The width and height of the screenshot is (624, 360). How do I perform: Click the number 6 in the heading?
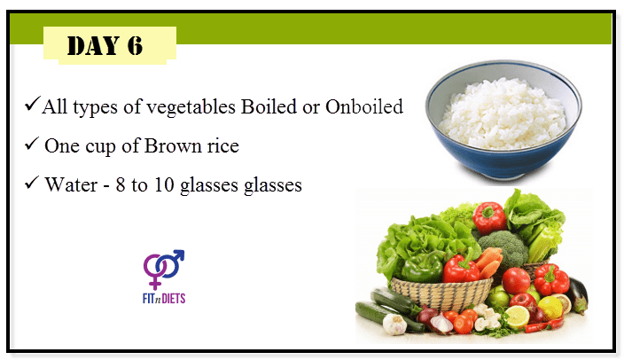pyautogui.click(x=135, y=45)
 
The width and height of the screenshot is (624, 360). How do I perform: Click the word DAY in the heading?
pyautogui.click(x=94, y=45)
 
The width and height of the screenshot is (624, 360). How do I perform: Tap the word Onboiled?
pyautogui.click(x=364, y=106)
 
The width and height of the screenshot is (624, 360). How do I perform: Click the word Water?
pyautogui.click(x=71, y=184)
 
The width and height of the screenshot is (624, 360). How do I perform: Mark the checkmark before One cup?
pyautogui.click(x=31, y=143)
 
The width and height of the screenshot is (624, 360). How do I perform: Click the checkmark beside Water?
pyautogui.click(x=31, y=182)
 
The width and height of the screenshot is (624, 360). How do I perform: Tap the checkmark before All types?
pyautogui.click(x=32, y=103)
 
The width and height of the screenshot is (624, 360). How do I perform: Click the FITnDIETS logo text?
pyautogui.click(x=164, y=298)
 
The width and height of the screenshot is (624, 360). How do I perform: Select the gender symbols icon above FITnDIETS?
pyautogui.click(x=164, y=269)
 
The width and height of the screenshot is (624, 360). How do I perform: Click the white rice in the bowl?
pyautogui.click(x=503, y=114)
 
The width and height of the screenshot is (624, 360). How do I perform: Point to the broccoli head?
pyautogui.click(x=503, y=247)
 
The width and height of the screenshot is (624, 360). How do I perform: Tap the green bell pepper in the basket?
pyautogui.click(x=422, y=268)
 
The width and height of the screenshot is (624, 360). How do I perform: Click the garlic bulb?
pyautogui.click(x=394, y=324)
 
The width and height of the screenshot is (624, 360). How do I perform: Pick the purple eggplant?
pyautogui.click(x=578, y=294)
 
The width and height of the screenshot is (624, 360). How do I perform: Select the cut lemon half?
pyautogui.click(x=517, y=317)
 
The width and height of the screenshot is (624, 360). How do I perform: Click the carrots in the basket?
pyautogui.click(x=488, y=262)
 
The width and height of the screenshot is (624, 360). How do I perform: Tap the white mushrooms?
pyautogui.click(x=486, y=317)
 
